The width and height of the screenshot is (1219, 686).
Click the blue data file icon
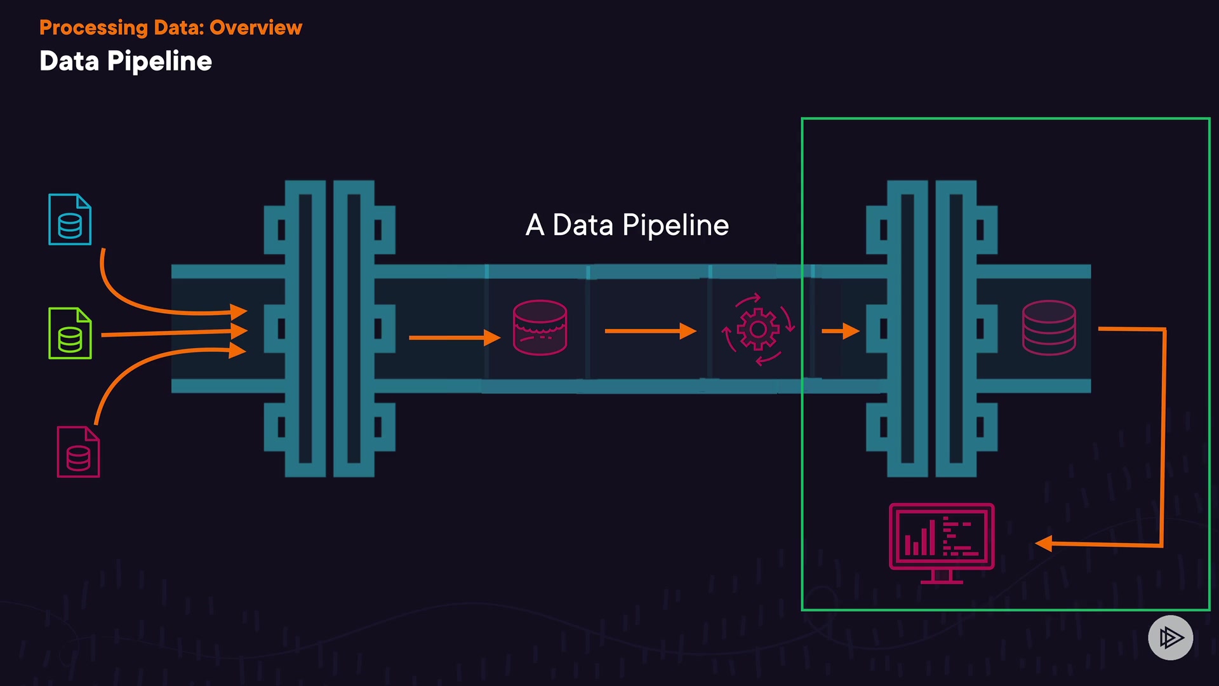[70, 219]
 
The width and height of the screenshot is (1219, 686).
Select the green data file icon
[70, 333]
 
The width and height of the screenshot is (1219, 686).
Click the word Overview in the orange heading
[256, 28]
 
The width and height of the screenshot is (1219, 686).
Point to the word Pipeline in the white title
[159, 62]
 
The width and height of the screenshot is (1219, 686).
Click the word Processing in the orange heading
[93, 28]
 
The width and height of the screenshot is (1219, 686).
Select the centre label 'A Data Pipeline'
[627, 225]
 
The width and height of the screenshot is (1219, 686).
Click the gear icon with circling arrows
[757, 330]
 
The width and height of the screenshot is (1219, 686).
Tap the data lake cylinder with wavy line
[540, 327]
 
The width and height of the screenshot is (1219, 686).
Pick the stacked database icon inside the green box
[1049, 327]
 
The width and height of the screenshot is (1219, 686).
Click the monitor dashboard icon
[942, 542]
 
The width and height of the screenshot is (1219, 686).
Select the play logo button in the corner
[1170, 637]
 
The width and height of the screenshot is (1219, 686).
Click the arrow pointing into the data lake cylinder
[454, 338]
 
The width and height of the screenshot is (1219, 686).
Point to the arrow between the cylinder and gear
[650, 331]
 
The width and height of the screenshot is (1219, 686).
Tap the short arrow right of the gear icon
[841, 331]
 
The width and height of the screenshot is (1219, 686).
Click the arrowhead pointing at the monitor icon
[1044, 544]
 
